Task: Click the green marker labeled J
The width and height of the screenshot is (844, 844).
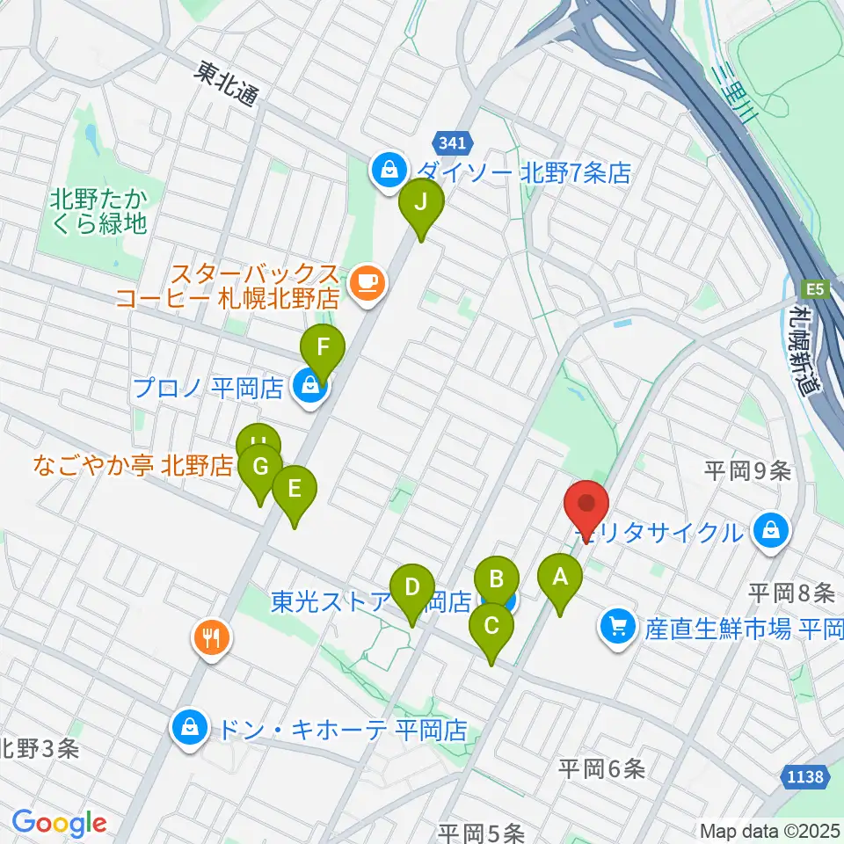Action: (x=421, y=204)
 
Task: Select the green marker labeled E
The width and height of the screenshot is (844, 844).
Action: (x=294, y=488)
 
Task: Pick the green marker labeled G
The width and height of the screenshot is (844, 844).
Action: (x=260, y=467)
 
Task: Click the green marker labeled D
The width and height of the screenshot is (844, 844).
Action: (x=412, y=586)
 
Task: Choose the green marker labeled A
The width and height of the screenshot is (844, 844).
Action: (x=559, y=578)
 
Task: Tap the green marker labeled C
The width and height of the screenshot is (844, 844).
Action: (x=491, y=626)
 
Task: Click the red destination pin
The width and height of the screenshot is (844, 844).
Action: (x=586, y=504)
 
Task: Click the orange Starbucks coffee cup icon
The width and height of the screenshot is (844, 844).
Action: (x=366, y=282)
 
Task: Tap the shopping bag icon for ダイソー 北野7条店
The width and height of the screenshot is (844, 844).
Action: (x=388, y=170)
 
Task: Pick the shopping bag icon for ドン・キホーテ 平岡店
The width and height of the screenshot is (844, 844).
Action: (x=188, y=727)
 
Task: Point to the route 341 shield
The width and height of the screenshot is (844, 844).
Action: (x=454, y=142)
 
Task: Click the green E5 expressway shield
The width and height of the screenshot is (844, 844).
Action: (x=813, y=287)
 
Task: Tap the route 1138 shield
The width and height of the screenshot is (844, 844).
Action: (x=804, y=776)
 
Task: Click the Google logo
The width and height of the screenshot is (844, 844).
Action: (x=59, y=822)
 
